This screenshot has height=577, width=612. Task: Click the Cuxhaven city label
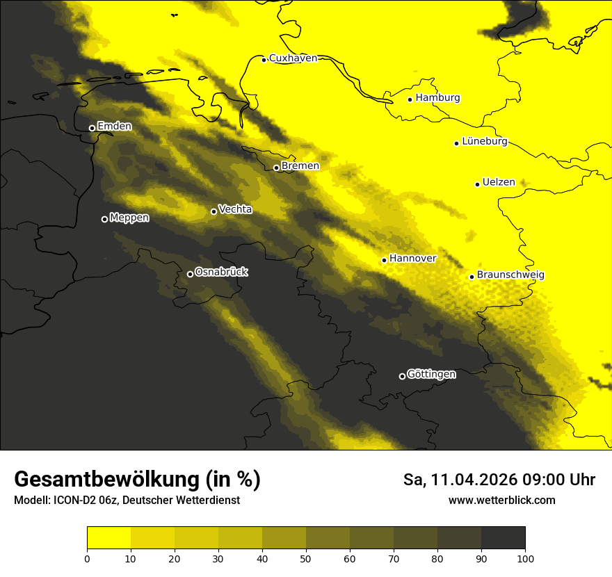coord(293,58)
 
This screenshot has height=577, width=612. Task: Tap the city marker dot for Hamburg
coord(410,99)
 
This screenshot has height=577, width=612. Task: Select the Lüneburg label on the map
coord(484,142)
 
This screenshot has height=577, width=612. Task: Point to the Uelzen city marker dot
coord(478,184)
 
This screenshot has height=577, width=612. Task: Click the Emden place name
coord(114,127)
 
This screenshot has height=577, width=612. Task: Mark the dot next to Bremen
coord(276,168)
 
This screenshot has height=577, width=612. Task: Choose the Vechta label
coord(235,209)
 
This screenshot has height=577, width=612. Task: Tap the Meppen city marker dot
coord(105,219)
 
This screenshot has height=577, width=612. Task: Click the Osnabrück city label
coord(221,273)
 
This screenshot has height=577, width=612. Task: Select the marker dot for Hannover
coord(384,261)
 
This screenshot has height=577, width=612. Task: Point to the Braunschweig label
coord(510,275)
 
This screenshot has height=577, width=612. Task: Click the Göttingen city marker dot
coord(402,376)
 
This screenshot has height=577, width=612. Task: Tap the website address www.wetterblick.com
coord(501,500)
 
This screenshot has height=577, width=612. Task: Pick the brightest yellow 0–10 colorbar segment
coord(109,538)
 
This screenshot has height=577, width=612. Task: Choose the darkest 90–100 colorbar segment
coord(503,538)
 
